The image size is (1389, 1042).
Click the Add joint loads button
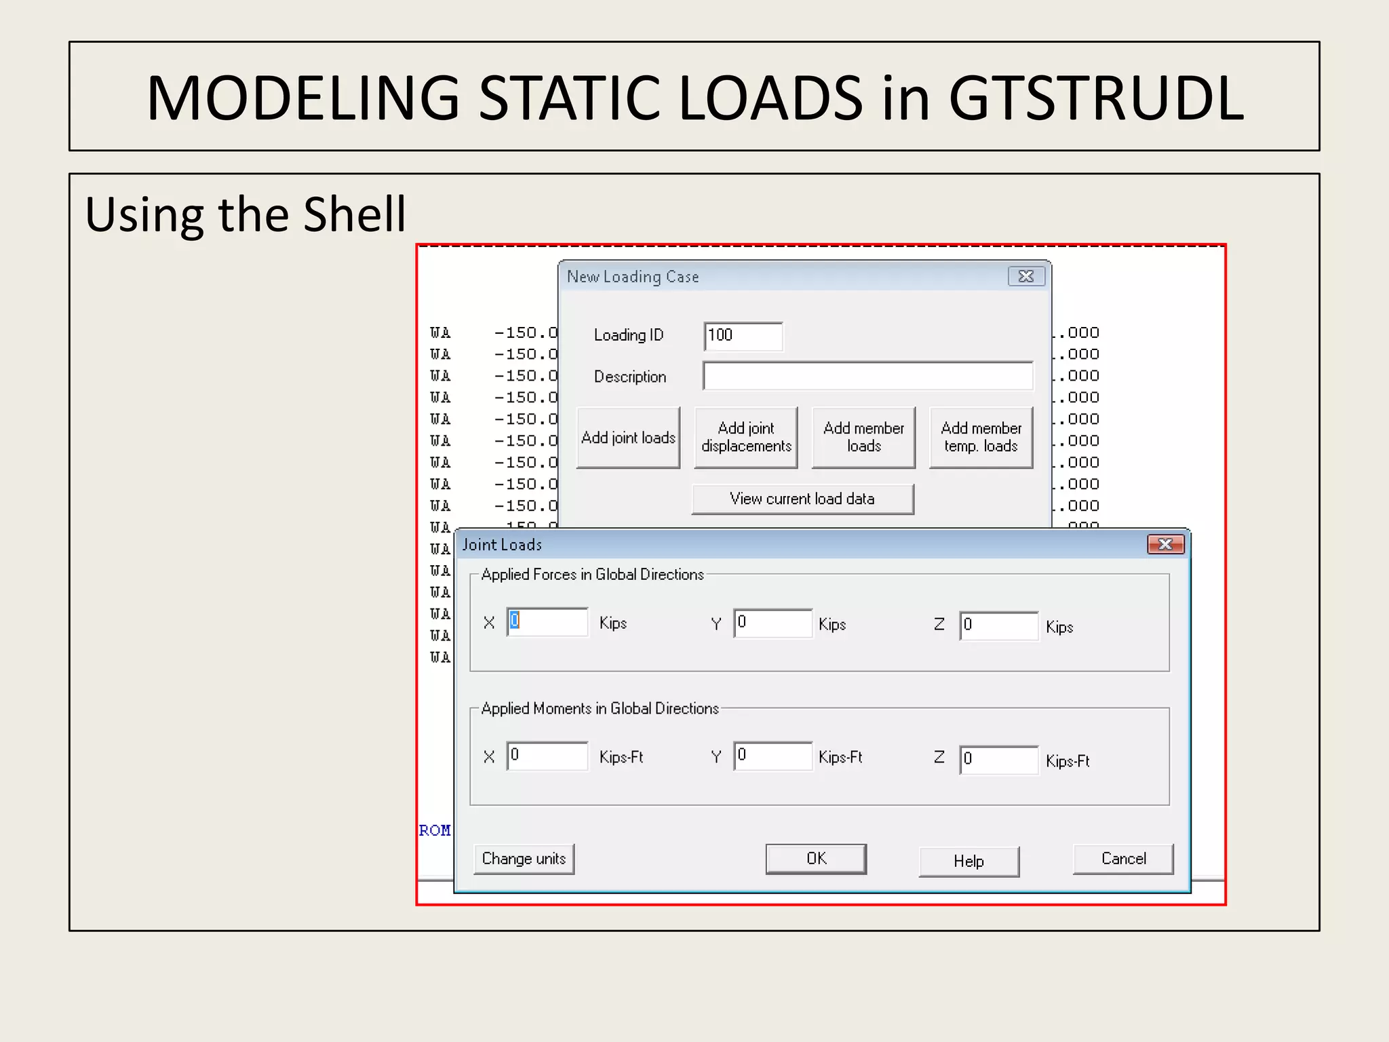coord(628,438)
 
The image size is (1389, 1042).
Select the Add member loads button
coord(863,438)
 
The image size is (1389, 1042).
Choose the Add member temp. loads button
coord(981,438)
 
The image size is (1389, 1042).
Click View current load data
coord(802,499)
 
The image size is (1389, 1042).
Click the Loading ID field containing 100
coord(743,336)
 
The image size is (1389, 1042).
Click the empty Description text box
coord(868,377)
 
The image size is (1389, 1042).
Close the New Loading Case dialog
coord(1026,276)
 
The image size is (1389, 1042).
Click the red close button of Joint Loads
coord(1165,544)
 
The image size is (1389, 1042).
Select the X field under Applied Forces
coord(547,622)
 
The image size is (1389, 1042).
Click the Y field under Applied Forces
coord(772,623)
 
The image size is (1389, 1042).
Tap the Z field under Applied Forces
coord(998,625)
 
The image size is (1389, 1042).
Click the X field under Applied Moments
coord(547,756)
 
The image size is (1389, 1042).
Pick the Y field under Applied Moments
coord(772,756)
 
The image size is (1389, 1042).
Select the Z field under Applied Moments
coord(998,760)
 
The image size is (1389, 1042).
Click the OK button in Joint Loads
coord(816,859)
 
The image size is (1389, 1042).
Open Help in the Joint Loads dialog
coord(969,862)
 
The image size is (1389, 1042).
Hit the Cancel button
coord(1123,859)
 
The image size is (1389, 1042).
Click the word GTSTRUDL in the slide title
coord(1096,98)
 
